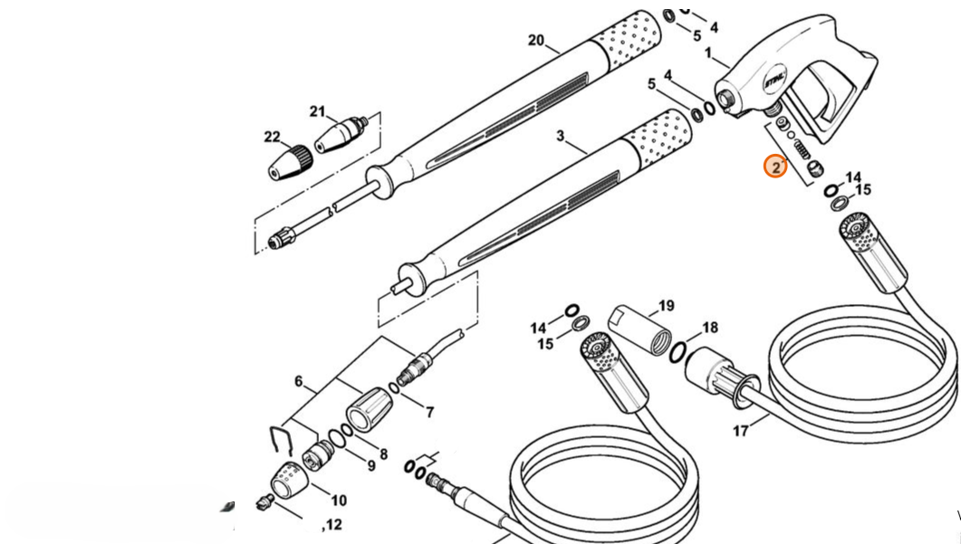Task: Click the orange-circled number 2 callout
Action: tap(775, 167)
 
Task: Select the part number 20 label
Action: tap(536, 40)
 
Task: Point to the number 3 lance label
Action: tap(561, 137)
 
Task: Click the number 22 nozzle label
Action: tap(272, 137)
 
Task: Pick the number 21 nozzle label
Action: tap(317, 112)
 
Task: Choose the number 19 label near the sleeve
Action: tap(666, 306)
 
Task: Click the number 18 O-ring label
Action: tap(710, 328)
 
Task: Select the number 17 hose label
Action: tap(741, 431)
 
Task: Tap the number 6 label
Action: tap(299, 381)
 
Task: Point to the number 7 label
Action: tap(428, 413)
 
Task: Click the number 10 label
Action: tap(338, 501)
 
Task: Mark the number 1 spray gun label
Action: tap(708, 53)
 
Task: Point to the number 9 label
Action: tap(370, 465)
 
